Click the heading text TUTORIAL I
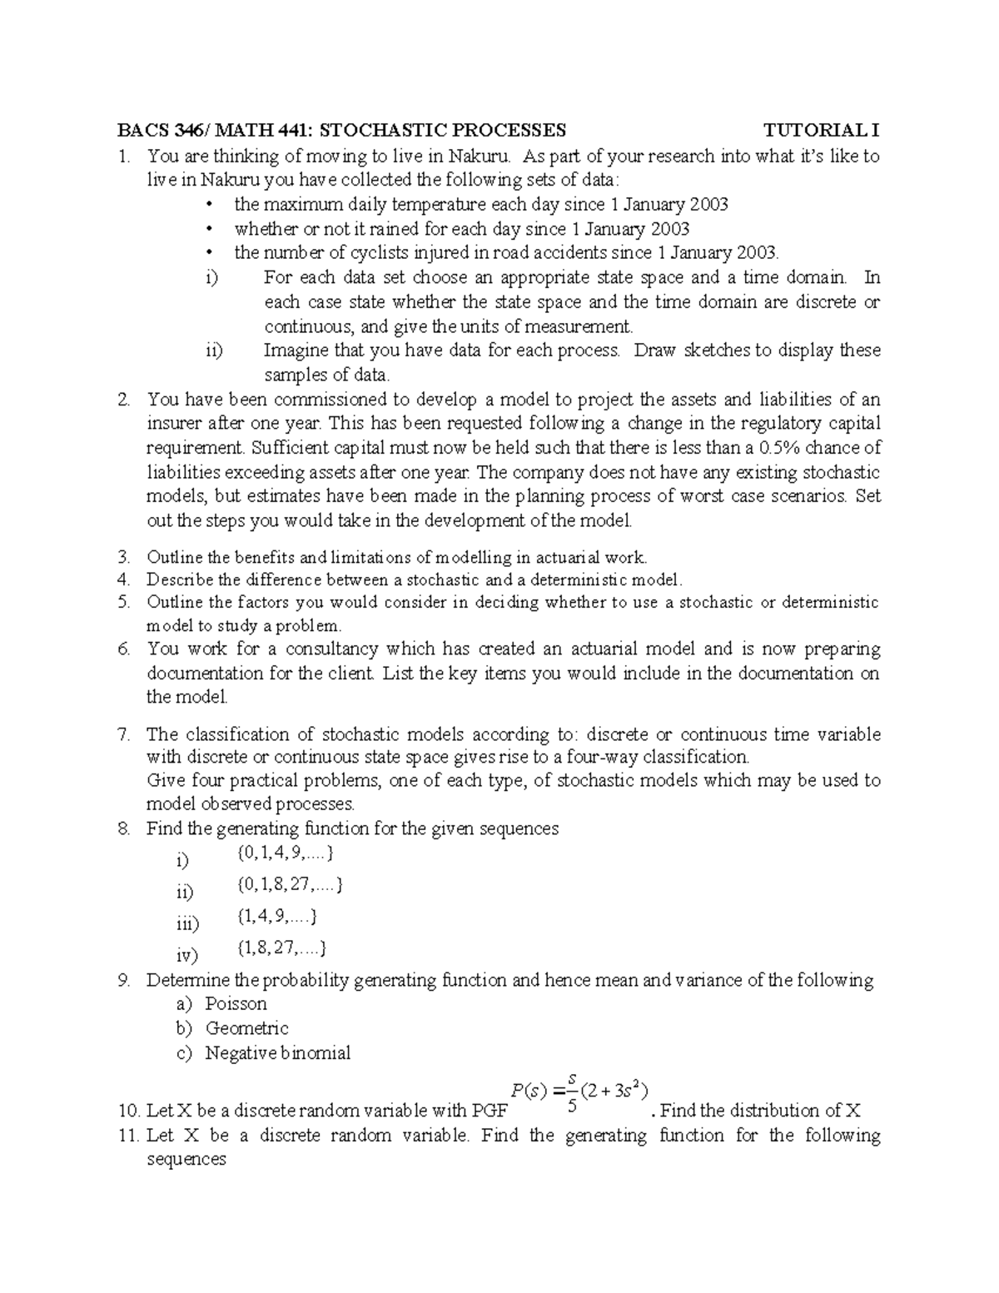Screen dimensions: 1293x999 [x=822, y=131]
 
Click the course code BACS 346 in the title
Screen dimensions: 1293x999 [x=160, y=131]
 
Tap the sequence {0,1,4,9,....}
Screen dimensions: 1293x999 [x=285, y=853]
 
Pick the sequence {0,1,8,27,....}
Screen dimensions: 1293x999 [x=290, y=884]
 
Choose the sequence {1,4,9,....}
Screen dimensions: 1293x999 [x=277, y=917]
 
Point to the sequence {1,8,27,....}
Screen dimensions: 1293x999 [x=282, y=947]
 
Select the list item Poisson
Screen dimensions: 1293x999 [x=236, y=1004]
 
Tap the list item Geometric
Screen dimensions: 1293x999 [x=246, y=1028]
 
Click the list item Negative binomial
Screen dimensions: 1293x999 [x=278, y=1053]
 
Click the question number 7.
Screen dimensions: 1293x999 [x=124, y=734]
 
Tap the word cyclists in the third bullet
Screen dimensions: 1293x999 [x=372, y=253]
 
